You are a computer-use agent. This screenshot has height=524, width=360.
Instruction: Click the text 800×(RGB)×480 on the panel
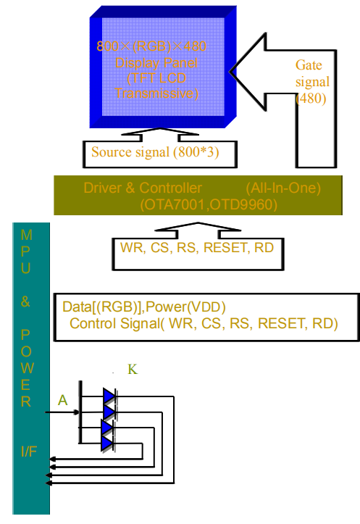pos(151,46)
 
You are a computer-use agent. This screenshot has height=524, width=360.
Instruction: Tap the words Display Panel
pos(156,63)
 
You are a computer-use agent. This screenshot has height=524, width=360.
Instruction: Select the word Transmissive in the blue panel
pos(156,93)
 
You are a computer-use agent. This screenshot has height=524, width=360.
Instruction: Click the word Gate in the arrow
pos(309,65)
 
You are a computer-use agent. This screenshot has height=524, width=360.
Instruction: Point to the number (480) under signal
pos(311,99)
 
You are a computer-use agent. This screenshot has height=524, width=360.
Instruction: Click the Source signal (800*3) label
pos(155,152)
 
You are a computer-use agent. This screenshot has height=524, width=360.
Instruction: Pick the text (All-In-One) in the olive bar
pos(283,188)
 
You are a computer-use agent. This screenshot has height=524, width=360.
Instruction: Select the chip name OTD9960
pos(241,204)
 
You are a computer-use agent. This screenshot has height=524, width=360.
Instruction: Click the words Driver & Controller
pos(143,188)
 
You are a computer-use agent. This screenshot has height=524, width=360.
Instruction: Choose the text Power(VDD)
pos(185,307)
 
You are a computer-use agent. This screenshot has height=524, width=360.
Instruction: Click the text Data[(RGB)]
pos(102,307)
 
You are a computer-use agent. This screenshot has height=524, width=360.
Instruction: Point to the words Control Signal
pos(115,323)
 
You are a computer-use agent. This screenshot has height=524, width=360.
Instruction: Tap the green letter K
pos(133,370)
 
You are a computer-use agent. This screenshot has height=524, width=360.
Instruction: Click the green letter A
pos(62,400)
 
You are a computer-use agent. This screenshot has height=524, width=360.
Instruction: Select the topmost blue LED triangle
pos(109,396)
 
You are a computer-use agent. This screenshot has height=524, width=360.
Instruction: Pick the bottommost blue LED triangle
pos(107,444)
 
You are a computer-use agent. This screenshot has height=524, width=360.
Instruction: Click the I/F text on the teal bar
pos(29,452)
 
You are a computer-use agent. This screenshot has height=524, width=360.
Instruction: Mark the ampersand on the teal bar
pos(25,301)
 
